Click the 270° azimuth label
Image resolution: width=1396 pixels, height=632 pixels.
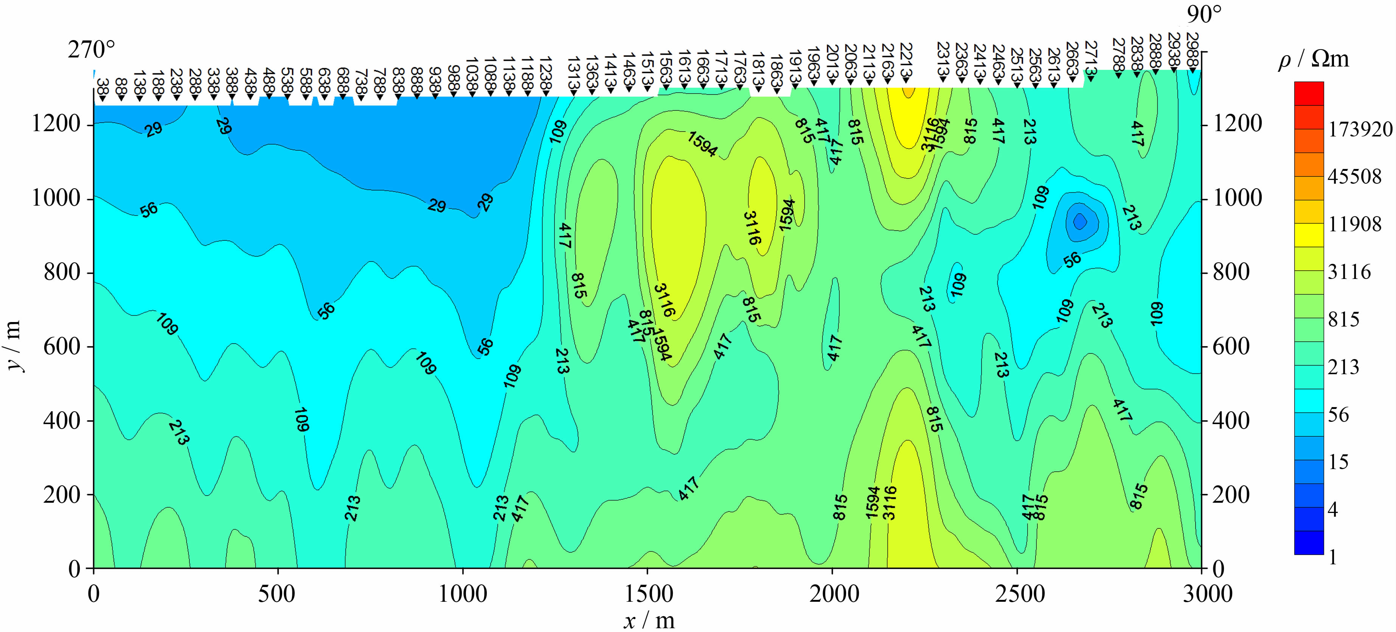[91, 50]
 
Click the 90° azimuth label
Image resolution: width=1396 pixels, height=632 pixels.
[1204, 15]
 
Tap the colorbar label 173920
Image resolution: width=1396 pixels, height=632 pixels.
[1360, 129]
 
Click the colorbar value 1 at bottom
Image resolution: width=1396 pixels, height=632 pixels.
[1333, 557]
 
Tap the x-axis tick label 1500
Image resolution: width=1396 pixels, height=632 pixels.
[648, 594]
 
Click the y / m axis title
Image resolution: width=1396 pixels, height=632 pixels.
[15, 345]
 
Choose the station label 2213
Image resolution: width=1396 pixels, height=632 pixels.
[906, 60]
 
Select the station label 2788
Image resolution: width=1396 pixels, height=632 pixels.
[1118, 54]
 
